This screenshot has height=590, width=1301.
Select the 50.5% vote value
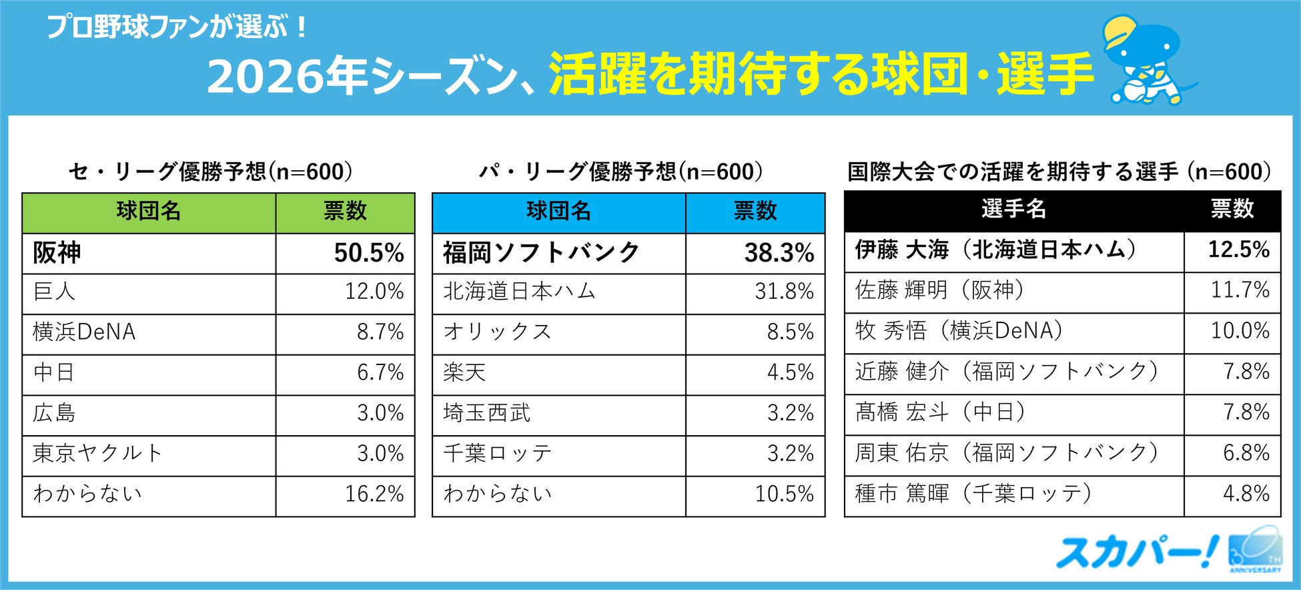pos(369,253)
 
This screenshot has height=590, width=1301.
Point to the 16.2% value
pos(374,494)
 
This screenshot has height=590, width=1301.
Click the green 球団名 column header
pos(149,212)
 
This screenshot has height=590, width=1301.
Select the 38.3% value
pos(779,253)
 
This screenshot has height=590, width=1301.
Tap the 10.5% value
pos(784,494)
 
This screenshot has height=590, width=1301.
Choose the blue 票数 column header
pos(755,212)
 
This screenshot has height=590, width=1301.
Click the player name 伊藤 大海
pos(902,250)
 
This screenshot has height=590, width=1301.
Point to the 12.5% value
pos(1239,250)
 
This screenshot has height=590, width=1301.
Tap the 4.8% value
pos(1246,494)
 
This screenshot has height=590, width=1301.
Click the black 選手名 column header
pos(1013,210)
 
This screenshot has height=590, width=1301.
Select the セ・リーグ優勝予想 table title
pos(211,172)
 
